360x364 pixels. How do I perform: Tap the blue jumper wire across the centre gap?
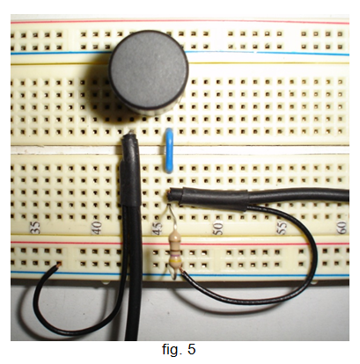coord(170,150)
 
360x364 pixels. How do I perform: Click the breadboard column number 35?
coord(35,227)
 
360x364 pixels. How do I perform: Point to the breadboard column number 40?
coord(97,228)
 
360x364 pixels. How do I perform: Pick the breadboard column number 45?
coord(158,228)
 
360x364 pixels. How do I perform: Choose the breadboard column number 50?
coord(218,228)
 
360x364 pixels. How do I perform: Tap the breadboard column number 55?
coord(281,228)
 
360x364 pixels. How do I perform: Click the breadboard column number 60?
coord(342,228)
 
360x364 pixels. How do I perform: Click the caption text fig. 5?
coord(179,349)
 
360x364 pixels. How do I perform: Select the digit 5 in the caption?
coord(191,350)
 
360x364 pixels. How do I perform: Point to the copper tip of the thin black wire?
coord(58,265)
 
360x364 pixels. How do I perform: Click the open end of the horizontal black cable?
coord(171,195)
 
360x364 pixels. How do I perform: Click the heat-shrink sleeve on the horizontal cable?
coord(213,199)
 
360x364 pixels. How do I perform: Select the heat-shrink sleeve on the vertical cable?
coord(129,182)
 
